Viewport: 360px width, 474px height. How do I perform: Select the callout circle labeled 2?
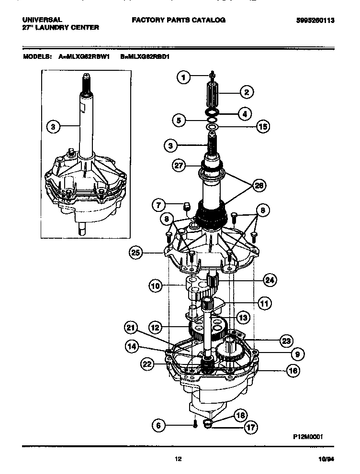click(x=246, y=91)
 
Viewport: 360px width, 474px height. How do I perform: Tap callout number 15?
click(x=262, y=127)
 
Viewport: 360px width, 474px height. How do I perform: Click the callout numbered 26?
click(x=259, y=186)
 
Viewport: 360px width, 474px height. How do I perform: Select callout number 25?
click(x=136, y=252)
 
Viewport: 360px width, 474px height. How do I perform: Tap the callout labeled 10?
click(x=155, y=287)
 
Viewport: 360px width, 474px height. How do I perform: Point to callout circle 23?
click(x=286, y=340)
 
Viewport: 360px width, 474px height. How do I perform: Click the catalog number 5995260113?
click(x=315, y=20)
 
